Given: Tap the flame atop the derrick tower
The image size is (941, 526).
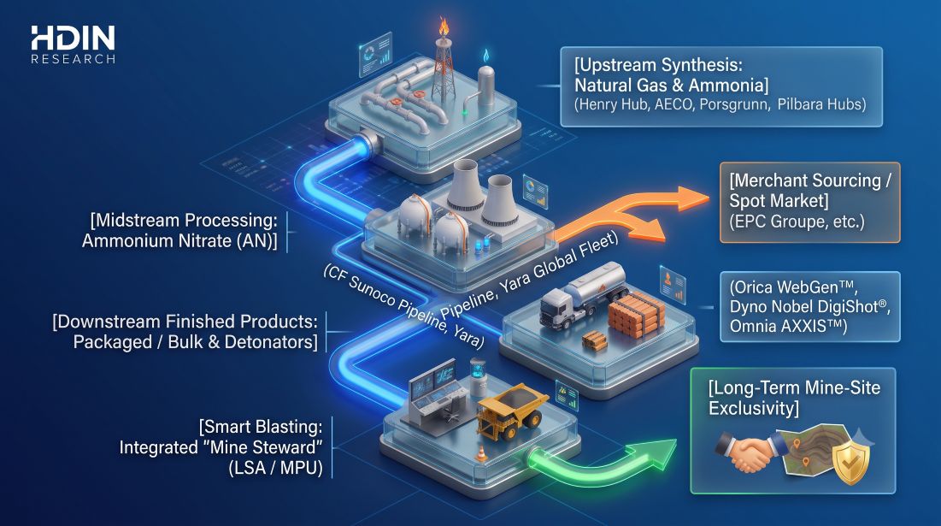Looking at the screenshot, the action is point(443,27).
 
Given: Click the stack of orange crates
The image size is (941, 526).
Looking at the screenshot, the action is point(636,313).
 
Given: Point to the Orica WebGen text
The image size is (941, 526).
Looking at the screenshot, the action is point(793,287).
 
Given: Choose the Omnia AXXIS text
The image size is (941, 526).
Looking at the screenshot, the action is point(788,326).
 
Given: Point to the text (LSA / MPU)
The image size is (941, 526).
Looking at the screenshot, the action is point(275,468).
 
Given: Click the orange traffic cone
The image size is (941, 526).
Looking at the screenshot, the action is point(480,454).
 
